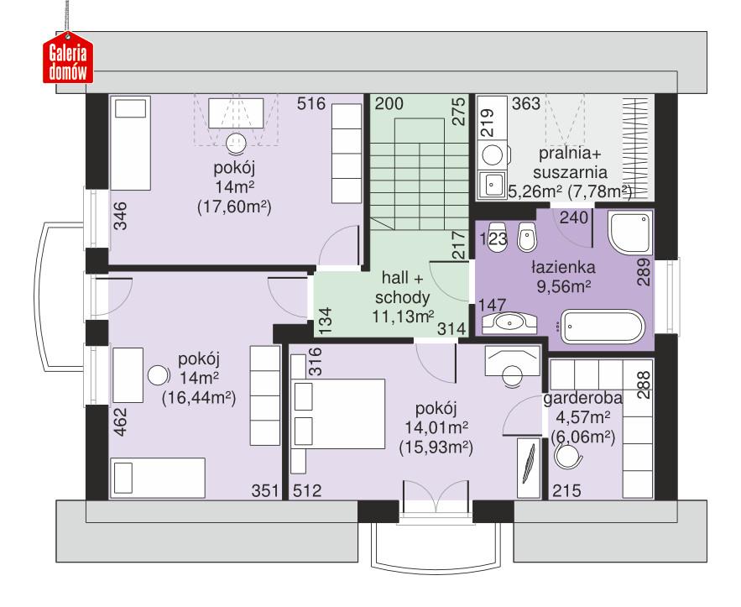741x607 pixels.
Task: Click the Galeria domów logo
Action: (69, 60)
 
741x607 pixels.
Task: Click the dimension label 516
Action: (310, 105)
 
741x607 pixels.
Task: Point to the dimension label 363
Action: (525, 105)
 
